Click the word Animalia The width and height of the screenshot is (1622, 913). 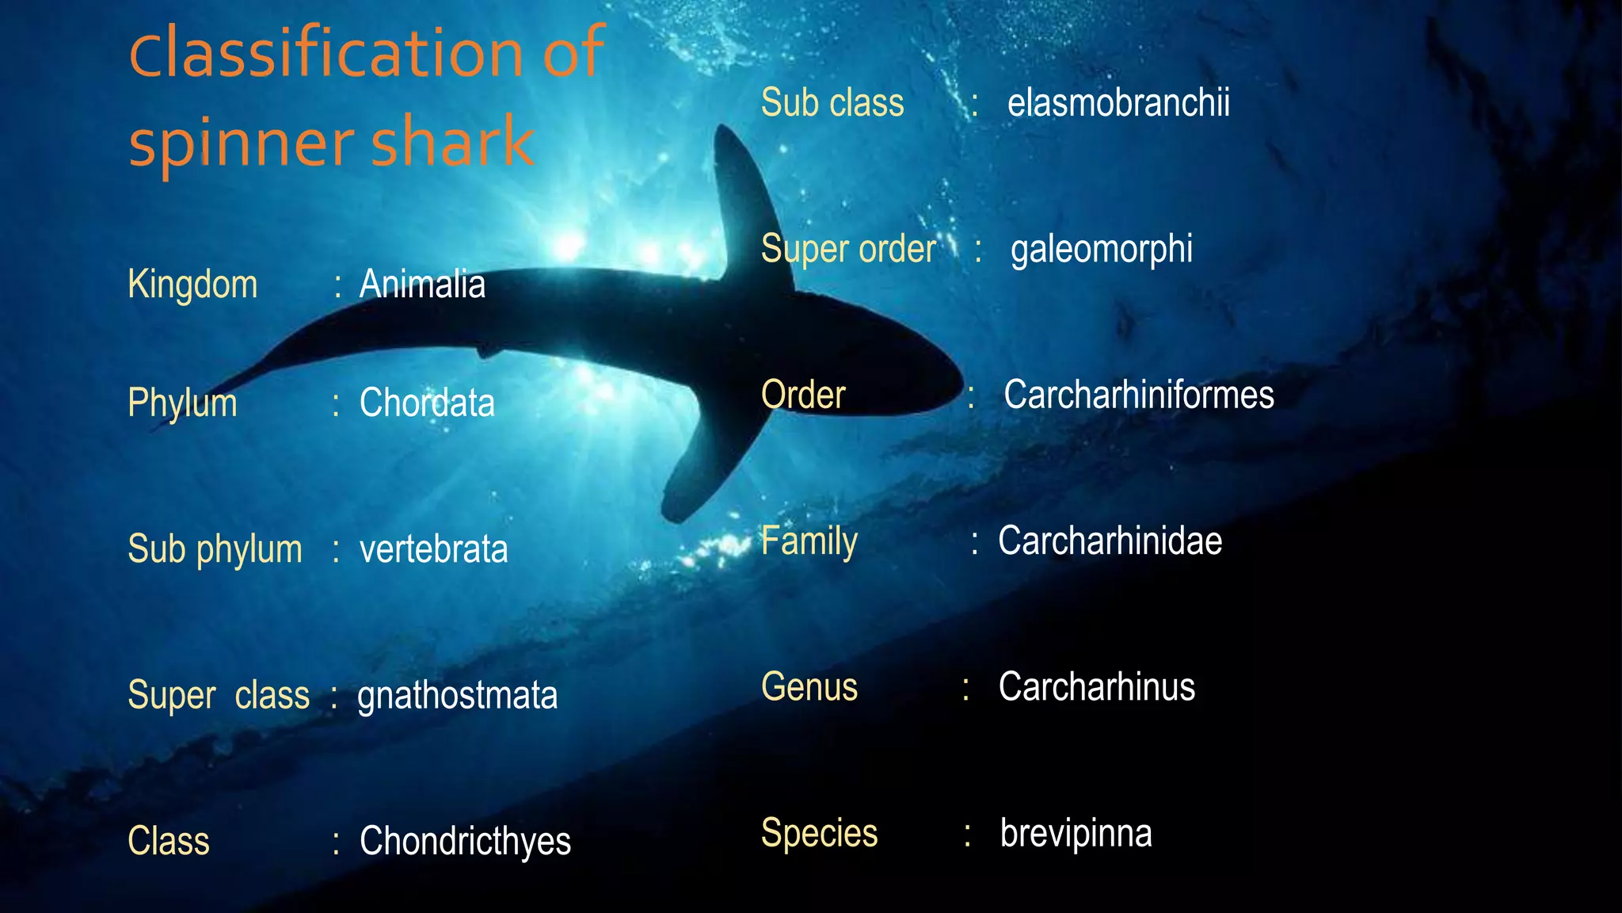pyautogui.click(x=422, y=284)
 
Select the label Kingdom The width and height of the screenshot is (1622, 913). pyautogui.click(x=192, y=285)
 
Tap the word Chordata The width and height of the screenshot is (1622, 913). pyautogui.click(x=427, y=403)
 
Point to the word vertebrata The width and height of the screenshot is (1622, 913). pyautogui.click(x=433, y=549)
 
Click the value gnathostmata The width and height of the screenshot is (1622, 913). pyautogui.click(x=457, y=696)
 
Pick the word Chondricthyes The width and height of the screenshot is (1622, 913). pyautogui.click(x=465, y=842)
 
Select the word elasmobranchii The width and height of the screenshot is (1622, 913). pyautogui.click(x=1118, y=103)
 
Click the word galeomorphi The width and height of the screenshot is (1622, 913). pyautogui.click(x=1101, y=250)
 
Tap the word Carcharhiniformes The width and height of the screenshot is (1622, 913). pyautogui.click(x=1139, y=395)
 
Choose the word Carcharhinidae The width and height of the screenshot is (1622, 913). pyautogui.click(x=1110, y=541)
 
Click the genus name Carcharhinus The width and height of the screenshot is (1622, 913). pyautogui.click(x=1096, y=687)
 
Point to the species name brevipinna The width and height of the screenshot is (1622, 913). pyautogui.click(x=1076, y=833)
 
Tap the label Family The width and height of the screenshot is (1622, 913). pyautogui.click(x=809, y=541)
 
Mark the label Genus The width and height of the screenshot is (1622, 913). pyautogui.click(x=809, y=687)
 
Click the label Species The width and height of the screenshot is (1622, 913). pyautogui.click(x=819, y=833)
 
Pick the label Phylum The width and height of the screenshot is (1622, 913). pyautogui.click(x=182, y=403)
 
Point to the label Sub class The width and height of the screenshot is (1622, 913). pyautogui.click(x=832, y=103)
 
